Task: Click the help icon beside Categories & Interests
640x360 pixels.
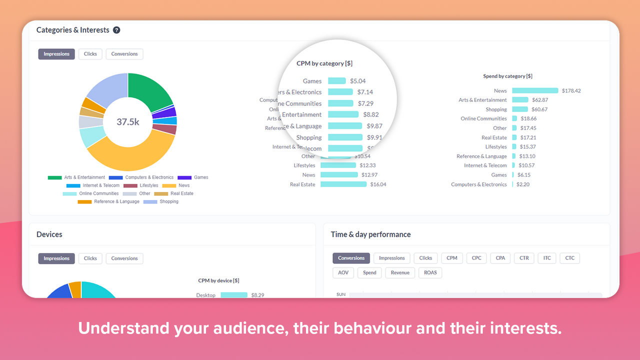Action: pos(116,30)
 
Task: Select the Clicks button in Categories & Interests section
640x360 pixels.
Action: pos(90,54)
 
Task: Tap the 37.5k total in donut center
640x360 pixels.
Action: pos(128,121)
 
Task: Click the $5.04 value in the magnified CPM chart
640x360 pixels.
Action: pos(358,81)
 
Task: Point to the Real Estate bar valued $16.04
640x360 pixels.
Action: pos(343,184)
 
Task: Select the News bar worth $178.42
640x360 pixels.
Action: pos(535,91)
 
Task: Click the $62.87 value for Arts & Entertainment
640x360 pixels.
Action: pos(540,100)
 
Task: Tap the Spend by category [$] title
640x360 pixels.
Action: pos(507,76)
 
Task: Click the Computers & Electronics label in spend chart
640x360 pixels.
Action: pos(478,184)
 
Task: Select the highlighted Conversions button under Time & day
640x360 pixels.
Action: pos(351,258)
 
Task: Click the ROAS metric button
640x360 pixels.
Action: pos(430,273)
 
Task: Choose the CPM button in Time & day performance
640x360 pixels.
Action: pos(452,258)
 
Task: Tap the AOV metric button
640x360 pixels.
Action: pos(343,273)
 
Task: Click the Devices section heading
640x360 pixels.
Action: pos(49,234)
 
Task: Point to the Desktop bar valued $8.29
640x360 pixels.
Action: pos(234,295)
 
